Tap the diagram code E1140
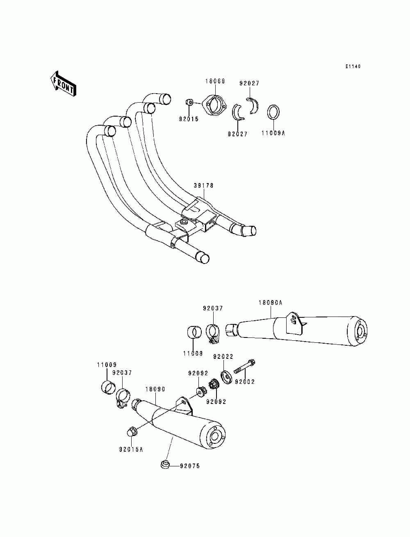click(353, 67)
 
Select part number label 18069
click(215, 81)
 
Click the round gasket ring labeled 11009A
click(274, 112)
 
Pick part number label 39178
click(204, 186)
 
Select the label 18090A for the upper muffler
click(271, 303)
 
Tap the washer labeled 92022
click(225, 376)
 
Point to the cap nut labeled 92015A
click(132, 431)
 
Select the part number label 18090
click(155, 389)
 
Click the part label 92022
click(223, 357)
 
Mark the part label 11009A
click(273, 133)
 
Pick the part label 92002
click(244, 382)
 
